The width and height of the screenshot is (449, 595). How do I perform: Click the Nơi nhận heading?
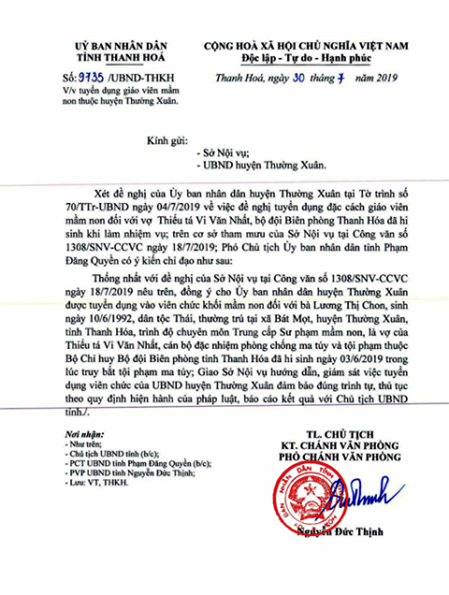87,461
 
